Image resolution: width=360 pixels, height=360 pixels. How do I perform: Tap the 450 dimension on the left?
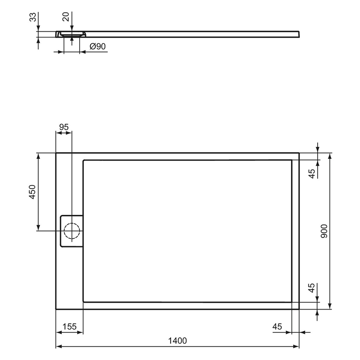pos(32,192)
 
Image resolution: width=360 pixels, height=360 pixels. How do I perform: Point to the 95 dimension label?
pos(64,127)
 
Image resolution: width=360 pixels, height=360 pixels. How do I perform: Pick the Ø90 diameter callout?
pos(97,47)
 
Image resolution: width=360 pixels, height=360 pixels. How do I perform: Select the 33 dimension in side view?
pos(32,19)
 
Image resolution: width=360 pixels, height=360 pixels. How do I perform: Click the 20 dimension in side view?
pos(65,17)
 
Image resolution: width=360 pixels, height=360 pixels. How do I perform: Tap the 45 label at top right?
pos(312,173)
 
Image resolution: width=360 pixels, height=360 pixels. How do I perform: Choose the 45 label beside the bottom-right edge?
pos(312,289)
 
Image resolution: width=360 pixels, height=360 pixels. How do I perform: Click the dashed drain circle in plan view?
pos(72,231)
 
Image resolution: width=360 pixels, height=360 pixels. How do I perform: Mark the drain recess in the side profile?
pos(72,34)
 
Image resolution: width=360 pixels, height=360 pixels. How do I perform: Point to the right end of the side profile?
pos(299,34)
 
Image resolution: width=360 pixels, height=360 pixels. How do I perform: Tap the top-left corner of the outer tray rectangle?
pos(56,153)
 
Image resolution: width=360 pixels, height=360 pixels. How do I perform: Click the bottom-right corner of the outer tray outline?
pos(299,309)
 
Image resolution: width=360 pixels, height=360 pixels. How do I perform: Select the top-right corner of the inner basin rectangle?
pos(292,160)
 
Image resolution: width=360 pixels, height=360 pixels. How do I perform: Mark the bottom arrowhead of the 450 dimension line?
pos(39,228)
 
